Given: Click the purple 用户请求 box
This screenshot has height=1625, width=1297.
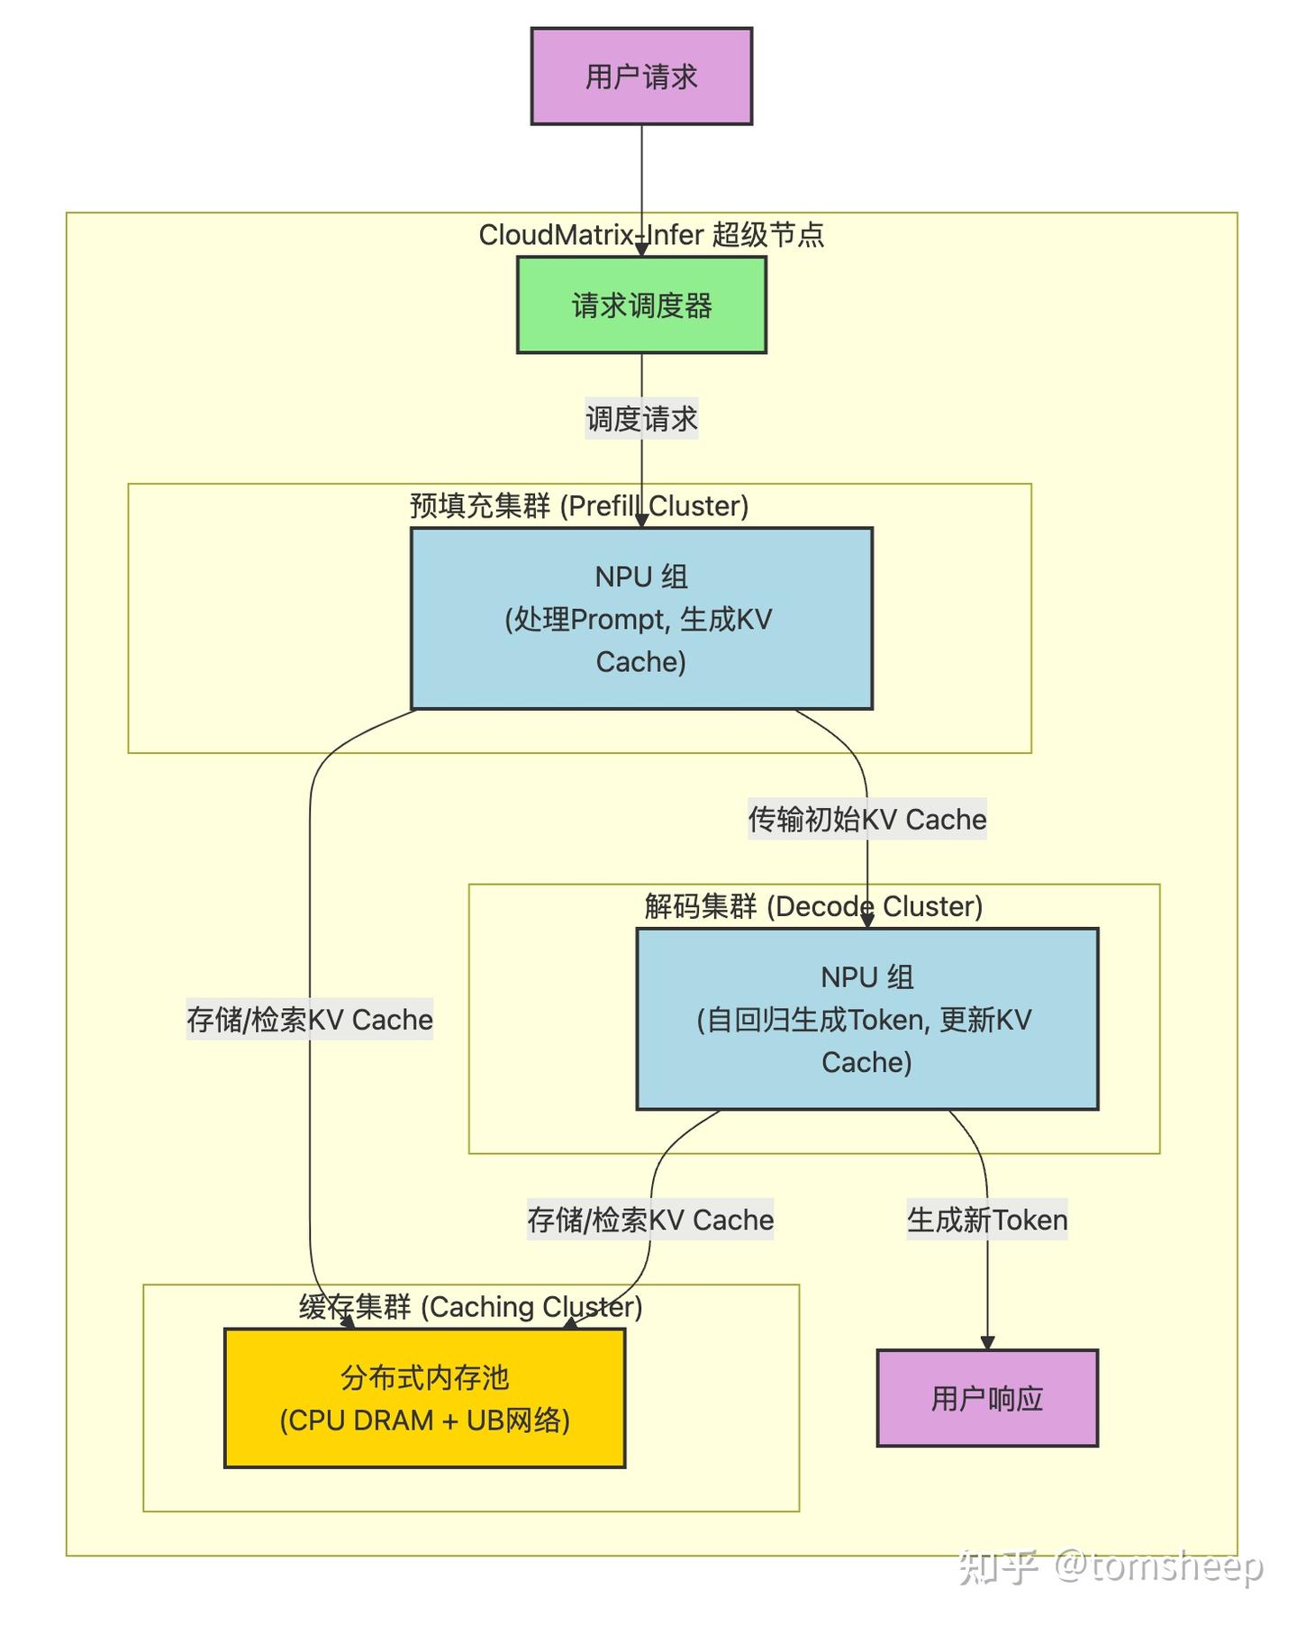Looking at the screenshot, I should pos(641,77).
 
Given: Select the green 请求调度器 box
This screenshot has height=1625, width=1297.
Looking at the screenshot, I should pos(641,305).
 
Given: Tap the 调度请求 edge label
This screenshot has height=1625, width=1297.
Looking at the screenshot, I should pos(641,419).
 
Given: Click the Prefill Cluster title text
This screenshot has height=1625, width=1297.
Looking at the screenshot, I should pos(579,506).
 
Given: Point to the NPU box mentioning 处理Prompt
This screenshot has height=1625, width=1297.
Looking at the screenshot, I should pos(641,619).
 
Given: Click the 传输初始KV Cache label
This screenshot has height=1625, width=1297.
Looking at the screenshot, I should pos(866,820).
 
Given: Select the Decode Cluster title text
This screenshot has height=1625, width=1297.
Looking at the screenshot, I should pos(813,906).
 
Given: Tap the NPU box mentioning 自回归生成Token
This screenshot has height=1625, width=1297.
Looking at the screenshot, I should pos(866,1019).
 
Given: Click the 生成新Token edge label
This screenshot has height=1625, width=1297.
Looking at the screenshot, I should pos(987,1221).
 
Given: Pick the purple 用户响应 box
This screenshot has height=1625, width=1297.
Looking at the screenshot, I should pos(987,1398).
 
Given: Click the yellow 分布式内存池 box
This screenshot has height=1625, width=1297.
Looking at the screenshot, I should pos(424,1398).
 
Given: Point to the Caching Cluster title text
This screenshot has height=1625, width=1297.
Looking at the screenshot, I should pos(471,1307).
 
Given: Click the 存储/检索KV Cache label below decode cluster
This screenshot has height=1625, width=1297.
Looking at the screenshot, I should pos(650,1221).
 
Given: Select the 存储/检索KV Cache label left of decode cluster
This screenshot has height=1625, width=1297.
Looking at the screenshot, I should pos(310,1020).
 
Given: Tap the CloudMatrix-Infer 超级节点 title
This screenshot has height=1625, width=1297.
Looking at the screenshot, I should pos(650,235).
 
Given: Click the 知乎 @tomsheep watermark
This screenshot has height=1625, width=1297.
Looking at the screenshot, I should pos(1111,1566).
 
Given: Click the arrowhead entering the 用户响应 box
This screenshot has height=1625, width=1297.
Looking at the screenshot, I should pos(987,1343).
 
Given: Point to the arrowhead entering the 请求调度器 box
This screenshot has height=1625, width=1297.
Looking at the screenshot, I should pos(641,250).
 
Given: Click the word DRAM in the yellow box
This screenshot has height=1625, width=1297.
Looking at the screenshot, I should pos(394,1421).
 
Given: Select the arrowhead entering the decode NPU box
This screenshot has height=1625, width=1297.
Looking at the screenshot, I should pos(867,921).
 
